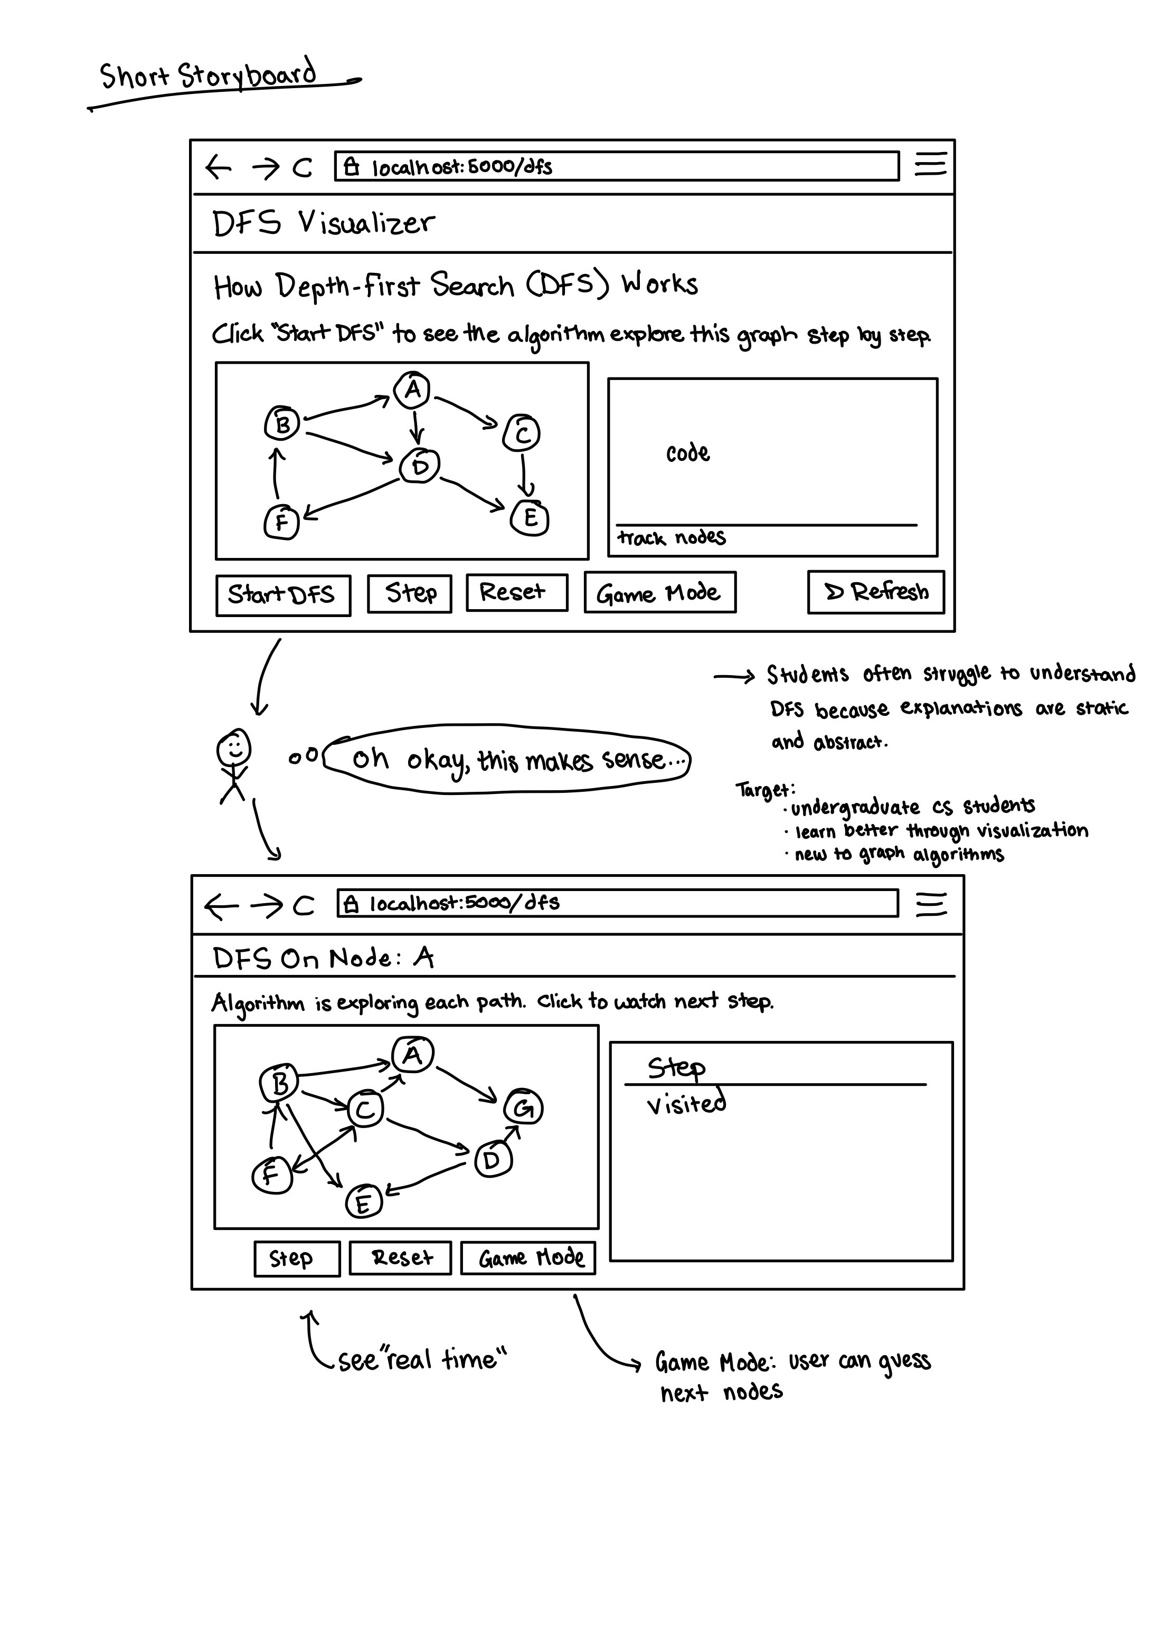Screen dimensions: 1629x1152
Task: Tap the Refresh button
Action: (x=876, y=592)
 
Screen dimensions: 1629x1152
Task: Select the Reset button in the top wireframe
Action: (x=517, y=592)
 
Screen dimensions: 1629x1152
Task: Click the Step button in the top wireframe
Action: (x=410, y=594)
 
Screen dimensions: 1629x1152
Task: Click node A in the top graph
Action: (x=412, y=390)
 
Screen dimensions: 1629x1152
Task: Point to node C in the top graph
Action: (x=522, y=433)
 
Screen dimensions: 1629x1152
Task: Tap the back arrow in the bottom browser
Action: (x=220, y=906)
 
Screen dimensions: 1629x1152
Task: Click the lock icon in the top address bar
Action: (x=351, y=167)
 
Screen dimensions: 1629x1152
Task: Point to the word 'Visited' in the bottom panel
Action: (x=686, y=1104)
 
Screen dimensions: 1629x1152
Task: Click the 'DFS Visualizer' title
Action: (x=323, y=223)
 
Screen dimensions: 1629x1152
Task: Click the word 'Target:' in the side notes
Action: (x=765, y=790)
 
